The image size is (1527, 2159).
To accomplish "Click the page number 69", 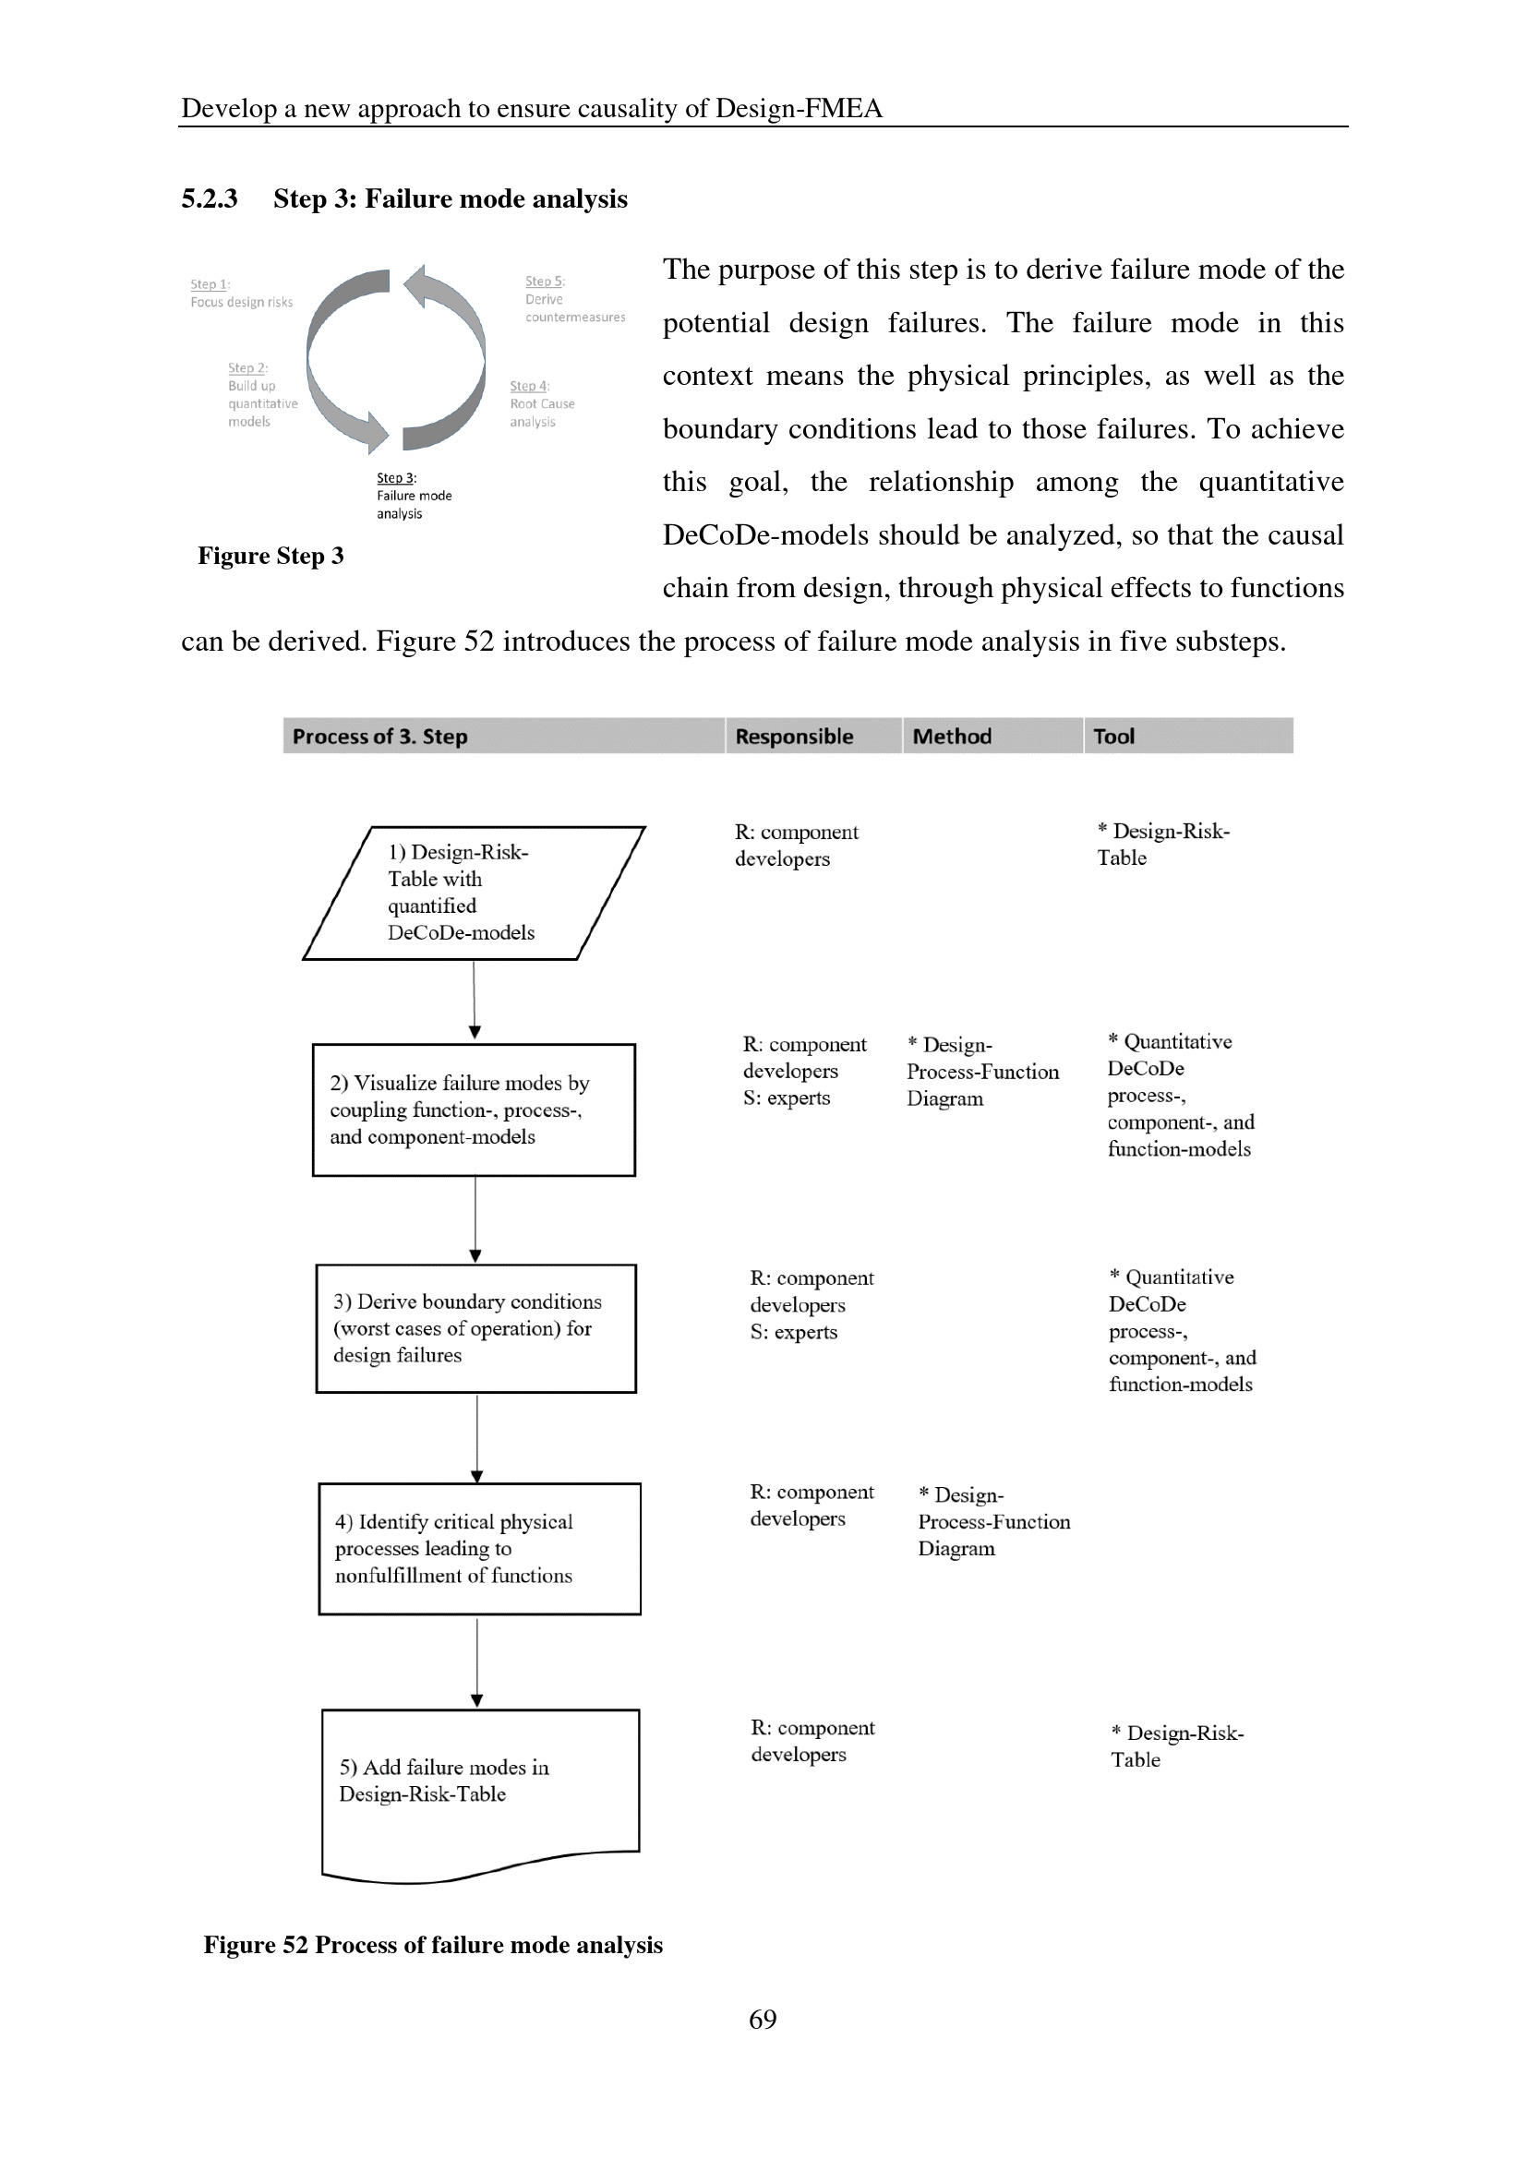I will (x=763, y=2019).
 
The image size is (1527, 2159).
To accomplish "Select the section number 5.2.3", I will (x=209, y=199).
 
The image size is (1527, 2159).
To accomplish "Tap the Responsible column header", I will (x=794, y=737).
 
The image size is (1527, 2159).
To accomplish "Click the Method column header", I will (x=952, y=737).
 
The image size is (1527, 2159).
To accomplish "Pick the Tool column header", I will (x=1113, y=737).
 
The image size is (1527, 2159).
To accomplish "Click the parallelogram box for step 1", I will (x=474, y=893).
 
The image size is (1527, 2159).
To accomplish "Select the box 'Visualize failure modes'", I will (x=474, y=1109).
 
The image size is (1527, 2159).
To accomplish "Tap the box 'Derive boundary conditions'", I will (x=475, y=1327).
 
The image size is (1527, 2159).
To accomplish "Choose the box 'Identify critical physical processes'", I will (x=479, y=1549).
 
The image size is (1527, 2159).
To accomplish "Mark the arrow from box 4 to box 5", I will (x=476, y=1661).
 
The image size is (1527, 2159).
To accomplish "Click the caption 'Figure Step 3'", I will (x=271, y=556).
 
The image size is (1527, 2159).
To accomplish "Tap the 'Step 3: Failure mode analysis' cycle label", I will (x=414, y=496).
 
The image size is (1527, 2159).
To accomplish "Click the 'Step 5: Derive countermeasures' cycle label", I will (x=573, y=299).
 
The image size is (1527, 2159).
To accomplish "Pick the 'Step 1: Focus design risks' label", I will (x=241, y=294).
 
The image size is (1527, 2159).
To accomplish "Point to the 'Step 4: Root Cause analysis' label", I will (x=542, y=403).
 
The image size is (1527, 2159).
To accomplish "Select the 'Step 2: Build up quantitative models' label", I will (x=261, y=395).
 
